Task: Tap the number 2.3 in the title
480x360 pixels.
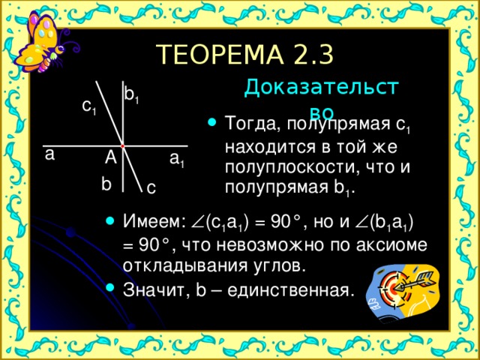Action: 310,55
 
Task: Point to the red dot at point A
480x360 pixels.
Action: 121,145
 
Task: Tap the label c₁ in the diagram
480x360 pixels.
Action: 88,108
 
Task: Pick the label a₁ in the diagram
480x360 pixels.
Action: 177,160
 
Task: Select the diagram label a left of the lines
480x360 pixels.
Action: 49,155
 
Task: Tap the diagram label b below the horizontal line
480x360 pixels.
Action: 106,184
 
